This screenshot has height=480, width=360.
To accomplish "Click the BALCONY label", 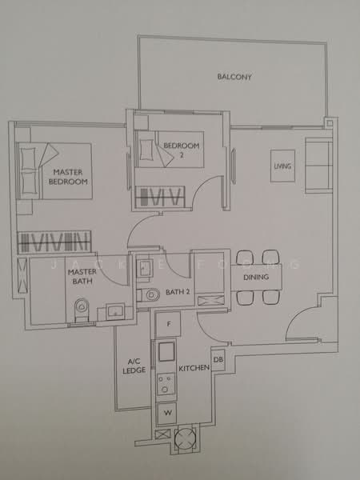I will pyautogui.click(x=234, y=78).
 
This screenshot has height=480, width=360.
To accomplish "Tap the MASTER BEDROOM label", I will pyautogui.click(x=69, y=177).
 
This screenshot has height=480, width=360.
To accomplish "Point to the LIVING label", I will pyautogui.click(x=282, y=166).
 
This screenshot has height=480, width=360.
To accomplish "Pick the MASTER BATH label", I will pyautogui.click(x=82, y=277).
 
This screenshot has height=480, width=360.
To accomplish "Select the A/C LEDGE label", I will pyautogui.click(x=133, y=366).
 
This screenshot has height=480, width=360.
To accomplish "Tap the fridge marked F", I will pyautogui.click(x=168, y=324).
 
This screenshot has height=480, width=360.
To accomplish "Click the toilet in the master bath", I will pyautogui.click(x=80, y=309).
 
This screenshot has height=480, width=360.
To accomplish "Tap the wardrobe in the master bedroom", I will pyautogui.click(x=54, y=242).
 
